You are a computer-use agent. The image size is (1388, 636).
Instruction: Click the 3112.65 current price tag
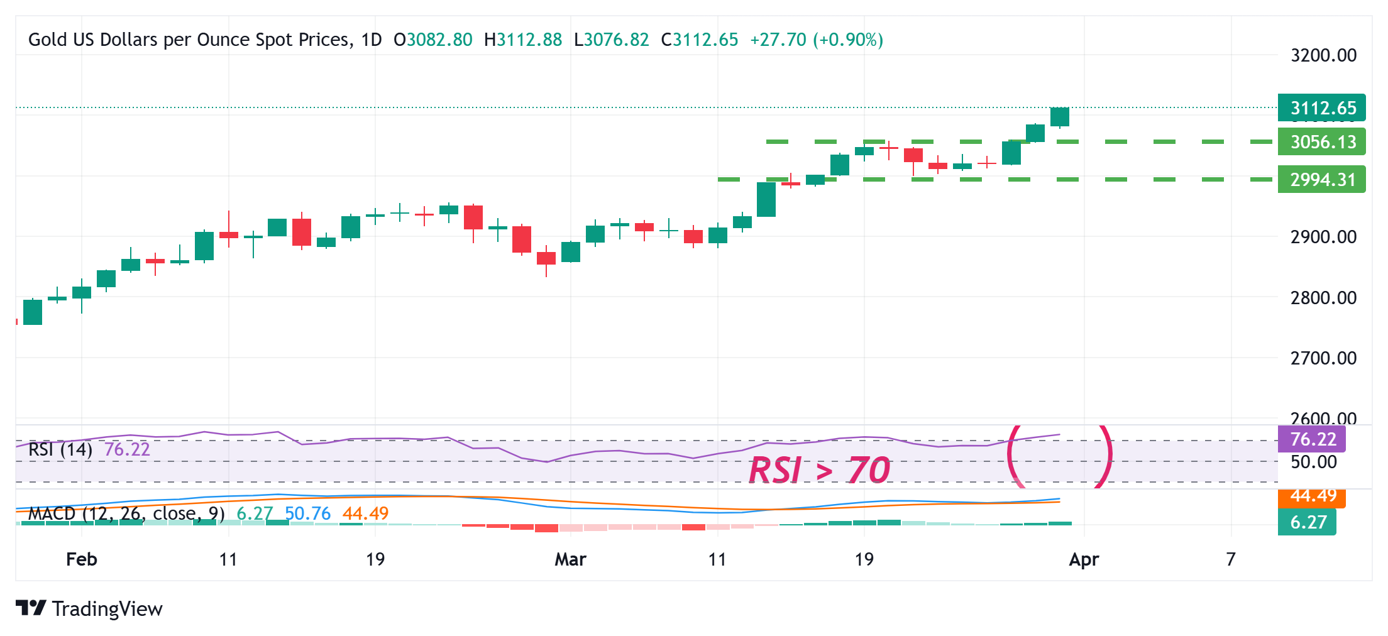click(x=1322, y=108)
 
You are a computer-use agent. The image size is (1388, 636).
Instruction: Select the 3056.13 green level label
click(x=1322, y=142)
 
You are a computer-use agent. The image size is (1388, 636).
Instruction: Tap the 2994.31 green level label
click(x=1322, y=180)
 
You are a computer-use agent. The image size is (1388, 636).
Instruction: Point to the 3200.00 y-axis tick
click(x=1323, y=55)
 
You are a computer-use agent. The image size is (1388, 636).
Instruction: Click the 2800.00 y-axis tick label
click(x=1323, y=297)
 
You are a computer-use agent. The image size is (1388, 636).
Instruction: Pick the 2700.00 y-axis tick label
click(x=1323, y=358)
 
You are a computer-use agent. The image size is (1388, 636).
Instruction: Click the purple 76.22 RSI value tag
click(x=1313, y=439)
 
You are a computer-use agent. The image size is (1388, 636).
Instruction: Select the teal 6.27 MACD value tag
click(x=1308, y=522)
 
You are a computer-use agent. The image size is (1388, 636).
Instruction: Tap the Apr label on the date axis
click(x=1084, y=559)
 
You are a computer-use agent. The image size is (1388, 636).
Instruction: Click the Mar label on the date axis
click(x=570, y=559)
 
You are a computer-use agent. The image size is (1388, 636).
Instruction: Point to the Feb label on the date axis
click(x=82, y=559)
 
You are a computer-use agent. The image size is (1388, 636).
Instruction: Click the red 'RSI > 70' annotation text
click(x=820, y=470)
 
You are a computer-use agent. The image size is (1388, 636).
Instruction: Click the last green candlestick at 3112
click(x=1060, y=117)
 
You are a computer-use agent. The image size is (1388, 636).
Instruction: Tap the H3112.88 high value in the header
click(x=523, y=40)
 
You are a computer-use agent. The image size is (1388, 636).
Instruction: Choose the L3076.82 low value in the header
click(x=611, y=40)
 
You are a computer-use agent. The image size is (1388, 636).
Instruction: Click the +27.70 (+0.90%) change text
click(x=817, y=40)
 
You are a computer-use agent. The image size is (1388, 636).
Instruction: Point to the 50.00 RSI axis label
click(x=1314, y=462)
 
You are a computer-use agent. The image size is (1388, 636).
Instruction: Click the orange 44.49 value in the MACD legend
click(x=365, y=513)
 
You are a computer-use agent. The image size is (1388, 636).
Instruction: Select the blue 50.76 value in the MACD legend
click(x=307, y=513)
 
